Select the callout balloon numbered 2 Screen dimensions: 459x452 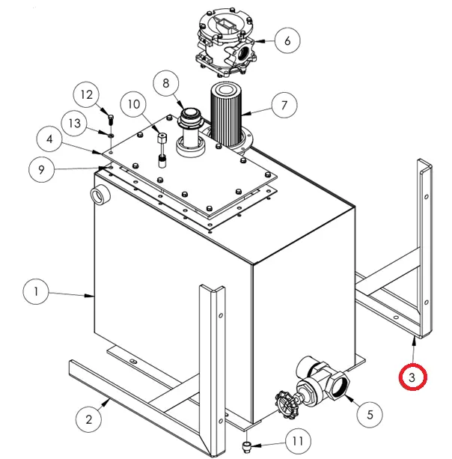pyautogui.click(x=89, y=419)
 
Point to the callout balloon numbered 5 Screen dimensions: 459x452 pyautogui.click(x=368, y=411)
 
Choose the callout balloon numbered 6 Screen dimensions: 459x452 pyautogui.click(x=287, y=40)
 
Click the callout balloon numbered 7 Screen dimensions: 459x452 pyautogui.click(x=284, y=106)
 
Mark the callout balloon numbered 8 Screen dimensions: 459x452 pyautogui.click(x=165, y=83)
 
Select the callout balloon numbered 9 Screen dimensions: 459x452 pyautogui.click(x=42, y=169)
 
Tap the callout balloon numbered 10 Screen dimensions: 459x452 pyautogui.click(x=134, y=105)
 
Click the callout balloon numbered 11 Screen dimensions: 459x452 pyautogui.click(x=298, y=440)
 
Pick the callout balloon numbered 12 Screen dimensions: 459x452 pyautogui.click(x=87, y=95)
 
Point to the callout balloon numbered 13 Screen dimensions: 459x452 pyautogui.click(x=74, y=122)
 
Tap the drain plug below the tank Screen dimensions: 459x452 pyautogui.click(x=248, y=447)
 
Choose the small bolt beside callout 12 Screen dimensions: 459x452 pyautogui.click(x=111, y=118)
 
